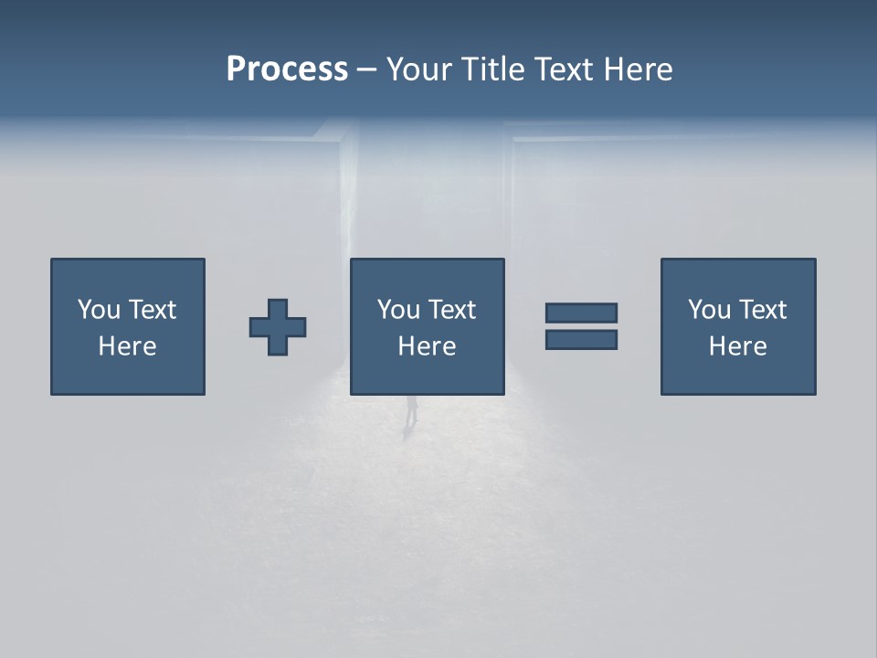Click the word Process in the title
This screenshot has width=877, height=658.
click(x=287, y=69)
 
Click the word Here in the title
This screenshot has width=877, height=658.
click(x=639, y=69)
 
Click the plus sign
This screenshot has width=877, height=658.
click(x=278, y=327)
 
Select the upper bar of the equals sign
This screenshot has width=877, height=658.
click(x=581, y=313)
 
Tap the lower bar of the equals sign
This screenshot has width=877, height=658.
click(x=581, y=339)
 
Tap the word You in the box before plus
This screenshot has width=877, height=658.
click(x=100, y=310)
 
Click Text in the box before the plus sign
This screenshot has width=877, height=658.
click(x=153, y=310)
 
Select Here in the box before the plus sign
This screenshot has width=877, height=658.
click(x=128, y=346)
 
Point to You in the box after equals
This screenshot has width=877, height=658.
click(x=710, y=310)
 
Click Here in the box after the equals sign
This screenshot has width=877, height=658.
click(x=738, y=346)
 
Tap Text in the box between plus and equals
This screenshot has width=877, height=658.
click(x=452, y=310)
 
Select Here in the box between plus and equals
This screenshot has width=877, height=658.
click(x=427, y=346)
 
